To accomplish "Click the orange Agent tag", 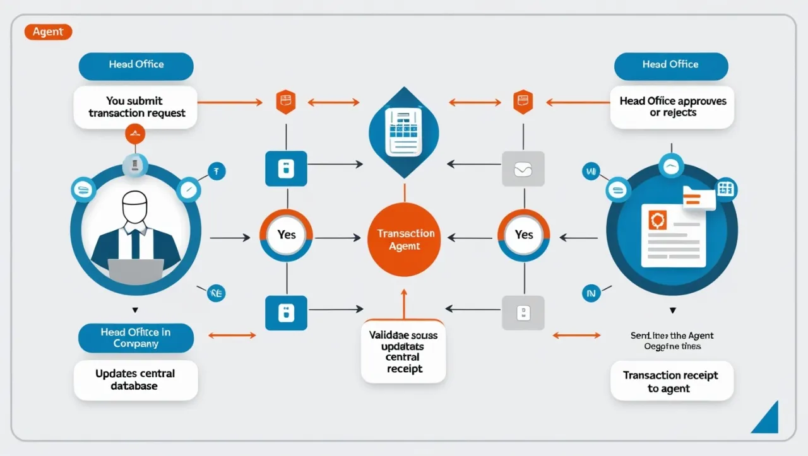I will (48, 31).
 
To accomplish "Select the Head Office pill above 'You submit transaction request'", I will (136, 65).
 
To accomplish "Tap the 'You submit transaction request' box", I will (136, 107).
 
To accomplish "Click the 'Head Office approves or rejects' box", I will (672, 107).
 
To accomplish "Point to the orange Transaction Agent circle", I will (405, 239).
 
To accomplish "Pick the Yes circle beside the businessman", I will (287, 235).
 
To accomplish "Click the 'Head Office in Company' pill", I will (135, 338).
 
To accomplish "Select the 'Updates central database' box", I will (135, 380).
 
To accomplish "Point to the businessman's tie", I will (135, 243).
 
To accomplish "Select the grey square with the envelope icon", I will (523, 168).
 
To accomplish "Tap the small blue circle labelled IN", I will (591, 293).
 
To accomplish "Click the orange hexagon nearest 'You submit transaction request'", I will (286, 102).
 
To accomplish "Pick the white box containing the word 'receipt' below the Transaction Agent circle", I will (403, 352).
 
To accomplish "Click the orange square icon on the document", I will (658, 221).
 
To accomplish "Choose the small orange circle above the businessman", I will (135, 133).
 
